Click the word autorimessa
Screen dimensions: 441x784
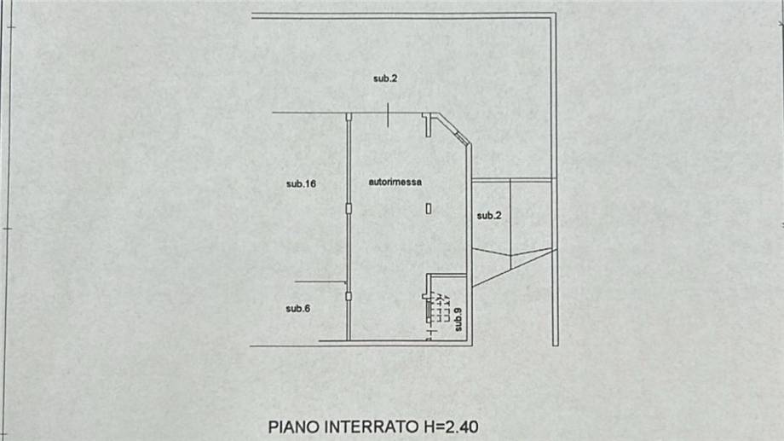pyautogui.click(x=395, y=182)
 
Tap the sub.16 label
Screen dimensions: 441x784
pyautogui.click(x=302, y=183)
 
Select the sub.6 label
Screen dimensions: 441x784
pyautogui.click(x=298, y=309)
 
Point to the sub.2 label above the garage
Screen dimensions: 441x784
pyautogui.click(x=385, y=78)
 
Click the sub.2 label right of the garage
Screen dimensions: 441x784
pyautogui.click(x=488, y=216)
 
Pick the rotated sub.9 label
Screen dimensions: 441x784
pyautogui.click(x=458, y=318)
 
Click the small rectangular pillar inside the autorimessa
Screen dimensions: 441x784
pyautogui.click(x=429, y=207)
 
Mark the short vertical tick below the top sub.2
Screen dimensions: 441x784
pyautogui.click(x=388, y=115)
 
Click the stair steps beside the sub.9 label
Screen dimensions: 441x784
pyautogui.click(x=437, y=309)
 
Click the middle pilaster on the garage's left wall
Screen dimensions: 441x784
pyautogui.click(x=349, y=208)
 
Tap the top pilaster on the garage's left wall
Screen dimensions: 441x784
pyautogui.click(x=349, y=117)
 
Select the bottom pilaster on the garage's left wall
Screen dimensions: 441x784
pyautogui.click(x=349, y=296)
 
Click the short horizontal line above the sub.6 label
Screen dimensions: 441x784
pyautogui.click(x=320, y=281)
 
